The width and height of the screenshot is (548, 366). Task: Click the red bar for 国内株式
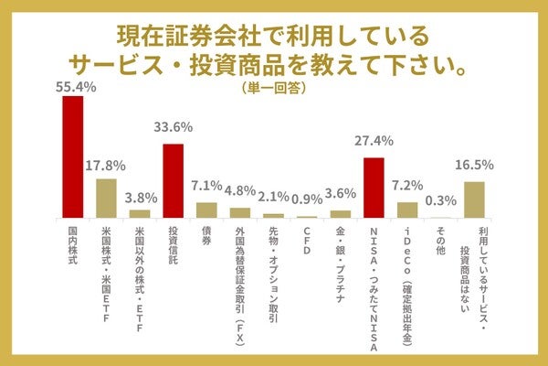click(73, 156)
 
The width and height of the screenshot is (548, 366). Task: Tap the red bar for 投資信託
click(174, 180)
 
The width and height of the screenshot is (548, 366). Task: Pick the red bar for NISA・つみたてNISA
click(374, 187)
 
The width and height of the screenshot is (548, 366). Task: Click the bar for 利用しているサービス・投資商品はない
click(473, 199)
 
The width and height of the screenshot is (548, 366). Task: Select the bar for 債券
click(206, 210)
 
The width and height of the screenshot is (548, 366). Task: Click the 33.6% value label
click(174, 128)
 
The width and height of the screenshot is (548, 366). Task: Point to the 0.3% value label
click(440, 201)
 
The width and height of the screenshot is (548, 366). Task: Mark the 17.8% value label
click(106, 165)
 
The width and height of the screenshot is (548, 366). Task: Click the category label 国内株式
click(73, 246)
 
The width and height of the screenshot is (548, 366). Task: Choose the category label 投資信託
click(174, 246)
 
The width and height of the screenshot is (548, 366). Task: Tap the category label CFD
click(307, 241)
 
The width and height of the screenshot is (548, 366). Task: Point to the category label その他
click(440, 241)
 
